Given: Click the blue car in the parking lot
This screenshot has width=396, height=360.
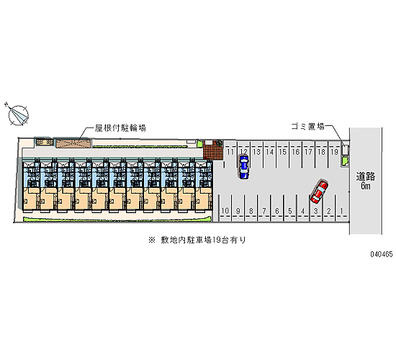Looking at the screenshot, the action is coord(243,167).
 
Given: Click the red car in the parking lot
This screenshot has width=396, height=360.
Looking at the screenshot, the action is coord(319,192).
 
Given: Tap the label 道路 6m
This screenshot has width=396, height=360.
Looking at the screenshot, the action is coord(366,181).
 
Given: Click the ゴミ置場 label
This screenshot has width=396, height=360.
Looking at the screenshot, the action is coord(308,126).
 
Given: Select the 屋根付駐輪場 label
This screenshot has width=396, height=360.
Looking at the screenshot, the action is coord(120,128).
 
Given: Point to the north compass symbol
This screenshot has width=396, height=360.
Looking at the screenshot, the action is coord(17,114).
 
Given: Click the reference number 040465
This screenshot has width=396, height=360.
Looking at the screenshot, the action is coord(382,254).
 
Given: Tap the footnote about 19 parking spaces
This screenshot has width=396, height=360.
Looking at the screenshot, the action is coord(197,240).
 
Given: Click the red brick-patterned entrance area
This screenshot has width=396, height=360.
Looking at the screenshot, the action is coord(213,150).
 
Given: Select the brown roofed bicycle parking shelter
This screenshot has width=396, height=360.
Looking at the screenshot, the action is coord(73,143).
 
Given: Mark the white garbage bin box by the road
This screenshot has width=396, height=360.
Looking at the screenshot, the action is coord(345,150).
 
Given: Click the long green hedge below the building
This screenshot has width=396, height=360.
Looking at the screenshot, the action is coord(117,220).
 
